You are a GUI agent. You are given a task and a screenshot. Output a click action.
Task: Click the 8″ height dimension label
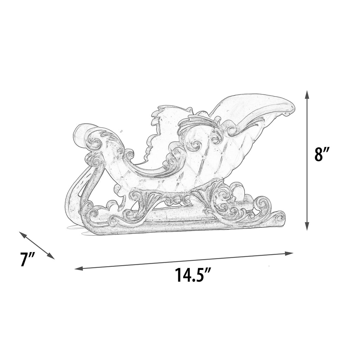(322, 154)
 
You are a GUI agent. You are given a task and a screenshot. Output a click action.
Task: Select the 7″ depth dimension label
(27, 259)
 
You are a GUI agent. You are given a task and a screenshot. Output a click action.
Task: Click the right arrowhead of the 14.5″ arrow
(289, 253)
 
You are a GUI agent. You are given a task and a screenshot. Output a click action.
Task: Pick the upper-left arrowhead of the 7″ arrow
(22, 234)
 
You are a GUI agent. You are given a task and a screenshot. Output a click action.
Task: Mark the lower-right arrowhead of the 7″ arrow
(51, 256)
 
